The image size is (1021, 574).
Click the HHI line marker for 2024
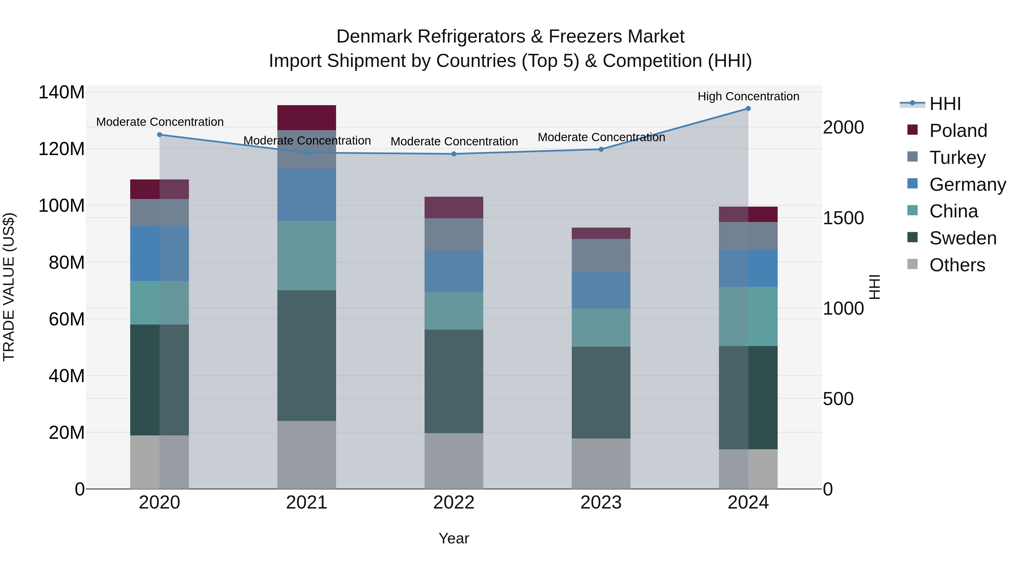pyautogui.click(x=748, y=109)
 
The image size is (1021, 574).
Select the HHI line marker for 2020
pyautogui.click(x=160, y=135)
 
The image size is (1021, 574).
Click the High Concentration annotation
pyautogui.click(x=748, y=96)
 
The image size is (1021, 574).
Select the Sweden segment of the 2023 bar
pyautogui.click(x=601, y=392)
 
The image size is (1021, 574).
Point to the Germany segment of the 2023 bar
pyautogui.click(x=601, y=290)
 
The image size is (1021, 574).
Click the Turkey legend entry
pyautogui.click(x=957, y=158)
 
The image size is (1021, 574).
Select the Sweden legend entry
pyautogui.click(x=962, y=238)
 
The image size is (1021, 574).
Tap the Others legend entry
pyautogui.click(x=957, y=265)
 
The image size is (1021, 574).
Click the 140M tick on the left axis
pyautogui.click(x=62, y=92)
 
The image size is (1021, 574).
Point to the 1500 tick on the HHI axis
pyautogui.click(x=843, y=218)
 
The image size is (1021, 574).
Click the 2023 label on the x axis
pyautogui.click(x=601, y=503)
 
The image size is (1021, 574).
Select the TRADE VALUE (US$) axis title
pyautogui.click(x=9, y=287)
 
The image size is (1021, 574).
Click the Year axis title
pyautogui.click(x=454, y=538)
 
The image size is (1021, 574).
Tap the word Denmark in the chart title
pyautogui.click(x=374, y=37)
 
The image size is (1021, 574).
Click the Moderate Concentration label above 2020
pyautogui.click(x=160, y=122)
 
